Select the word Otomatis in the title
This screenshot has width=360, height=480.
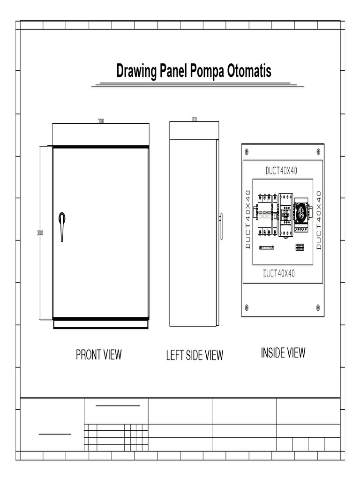tap(249, 71)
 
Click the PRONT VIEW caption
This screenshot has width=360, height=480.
tap(99, 354)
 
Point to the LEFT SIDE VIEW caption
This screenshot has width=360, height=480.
tap(195, 355)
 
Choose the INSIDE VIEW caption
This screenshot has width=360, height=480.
tap(283, 352)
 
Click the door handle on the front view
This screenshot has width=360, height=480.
tap(62, 226)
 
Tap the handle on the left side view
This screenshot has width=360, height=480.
tap(221, 226)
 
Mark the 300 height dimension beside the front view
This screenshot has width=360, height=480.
tap(40, 233)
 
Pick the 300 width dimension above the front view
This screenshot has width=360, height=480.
tap(101, 121)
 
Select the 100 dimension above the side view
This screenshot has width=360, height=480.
tap(194, 119)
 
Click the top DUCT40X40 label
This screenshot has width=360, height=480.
tap(281, 171)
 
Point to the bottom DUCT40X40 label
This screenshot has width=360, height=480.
tap(279, 273)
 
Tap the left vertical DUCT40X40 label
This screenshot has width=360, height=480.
tap(248, 219)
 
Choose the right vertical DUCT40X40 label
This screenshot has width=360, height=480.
tap(319, 220)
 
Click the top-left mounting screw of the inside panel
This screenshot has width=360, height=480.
tap(247, 151)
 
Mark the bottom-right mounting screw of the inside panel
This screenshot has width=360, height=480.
tap(318, 307)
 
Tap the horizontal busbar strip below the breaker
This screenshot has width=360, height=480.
tap(267, 247)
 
